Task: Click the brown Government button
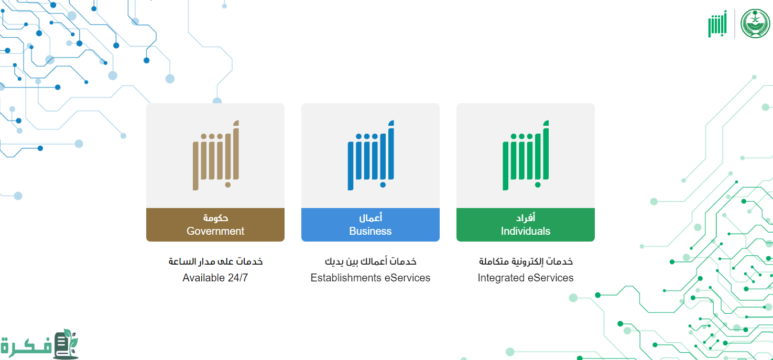(x=215, y=224)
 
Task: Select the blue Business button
(x=371, y=224)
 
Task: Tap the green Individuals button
(x=526, y=224)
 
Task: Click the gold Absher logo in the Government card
(x=216, y=155)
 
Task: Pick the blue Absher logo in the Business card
(x=371, y=155)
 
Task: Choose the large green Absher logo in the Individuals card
(x=526, y=155)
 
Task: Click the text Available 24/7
(x=215, y=278)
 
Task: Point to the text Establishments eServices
(x=371, y=278)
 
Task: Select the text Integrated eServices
(x=526, y=278)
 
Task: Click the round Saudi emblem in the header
(x=755, y=24)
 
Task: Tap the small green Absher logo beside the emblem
(x=717, y=24)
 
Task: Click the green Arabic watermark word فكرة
(x=26, y=346)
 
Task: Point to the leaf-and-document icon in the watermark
(x=66, y=344)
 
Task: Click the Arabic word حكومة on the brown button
(x=215, y=218)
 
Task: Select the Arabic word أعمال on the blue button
(x=371, y=218)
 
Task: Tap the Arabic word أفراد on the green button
(x=526, y=218)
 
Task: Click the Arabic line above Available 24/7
(x=215, y=261)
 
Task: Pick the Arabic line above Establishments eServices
(x=371, y=261)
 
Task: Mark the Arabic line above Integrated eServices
(x=526, y=261)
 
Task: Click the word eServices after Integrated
(x=551, y=278)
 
